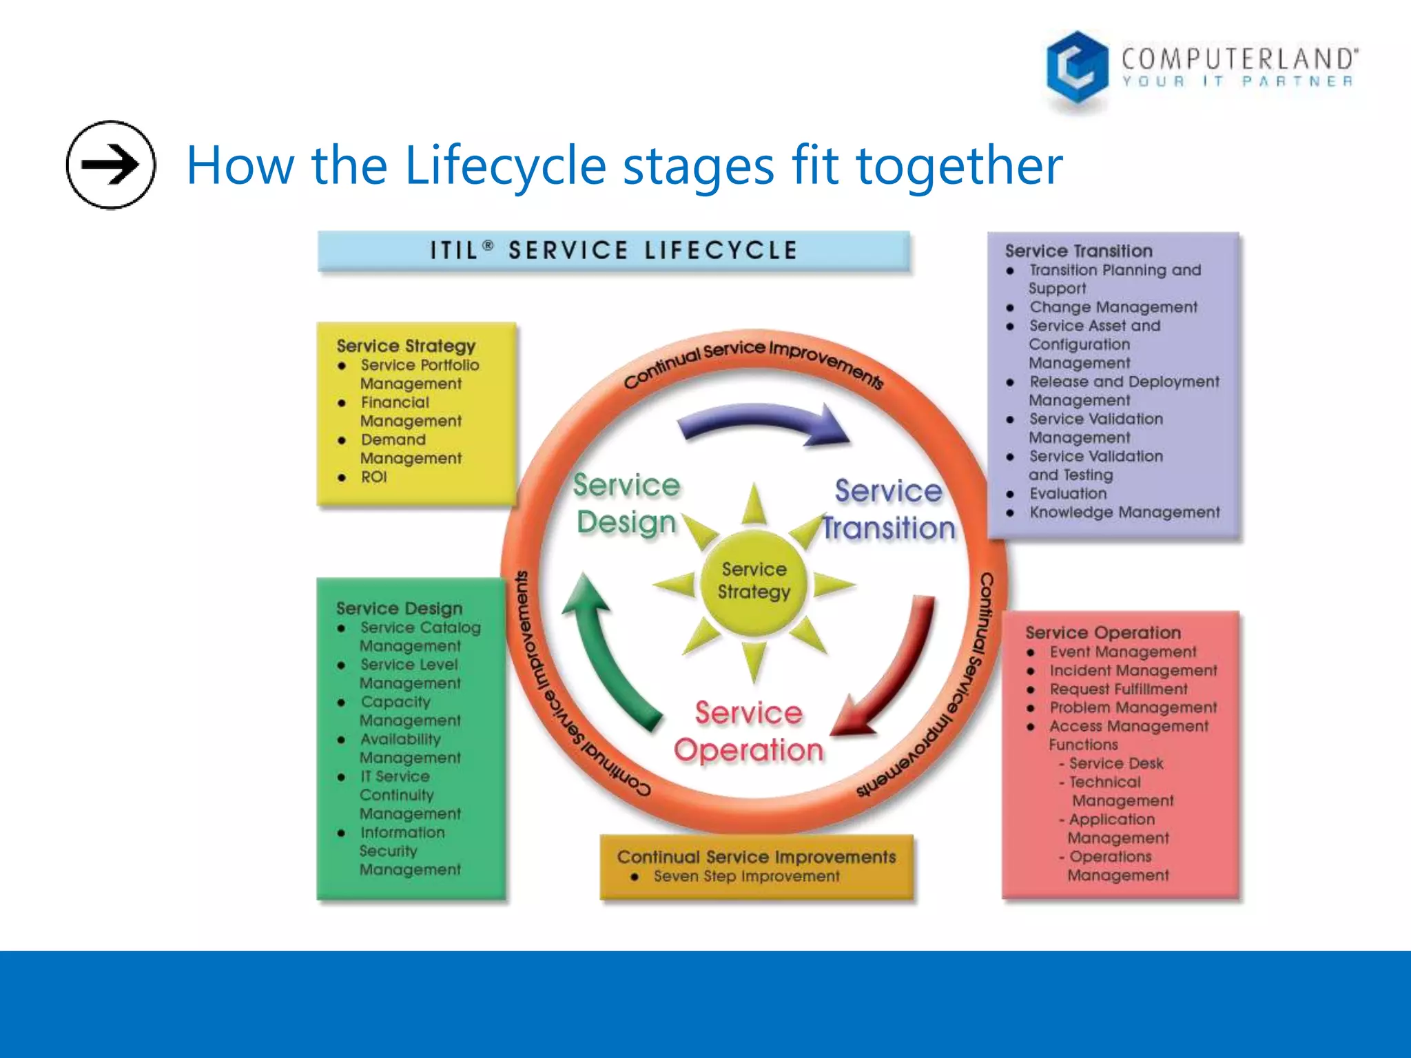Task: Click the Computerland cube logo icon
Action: pos(1076,68)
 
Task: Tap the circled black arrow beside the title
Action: pos(110,165)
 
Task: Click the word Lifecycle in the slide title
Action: pos(505,166)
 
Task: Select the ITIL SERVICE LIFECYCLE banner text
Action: pos(613,251)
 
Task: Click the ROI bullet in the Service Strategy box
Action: pos(373,477)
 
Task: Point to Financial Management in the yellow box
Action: pos(410,411)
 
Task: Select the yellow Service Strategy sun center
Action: pos(754,581)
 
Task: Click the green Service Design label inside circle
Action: pos(626,504)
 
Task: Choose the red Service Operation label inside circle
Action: pos(748,732)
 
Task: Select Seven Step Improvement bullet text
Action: pos(746,877)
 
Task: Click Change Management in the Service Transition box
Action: pos(1113,307)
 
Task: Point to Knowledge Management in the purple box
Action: pos(1124,512)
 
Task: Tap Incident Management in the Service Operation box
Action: pos(1133,671)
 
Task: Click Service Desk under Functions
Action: pos(1115,764)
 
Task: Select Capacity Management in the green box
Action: pos(409,711)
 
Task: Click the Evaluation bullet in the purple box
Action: pos(1067,494)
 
